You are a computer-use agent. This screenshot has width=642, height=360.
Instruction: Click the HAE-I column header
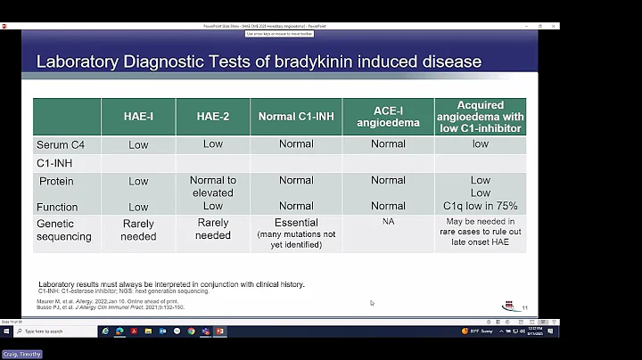(138, 117)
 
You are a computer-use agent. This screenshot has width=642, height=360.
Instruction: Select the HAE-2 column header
(212, 117)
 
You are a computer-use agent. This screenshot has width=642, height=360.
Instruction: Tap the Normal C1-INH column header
(296, 117)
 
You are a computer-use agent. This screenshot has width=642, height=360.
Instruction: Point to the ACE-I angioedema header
(388, 117)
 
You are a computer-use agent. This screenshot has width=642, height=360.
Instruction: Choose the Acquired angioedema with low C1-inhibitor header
(481, 117)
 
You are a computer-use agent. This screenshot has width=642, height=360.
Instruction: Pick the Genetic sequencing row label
(64, 231)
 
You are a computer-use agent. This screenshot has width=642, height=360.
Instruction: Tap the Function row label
(58, 207)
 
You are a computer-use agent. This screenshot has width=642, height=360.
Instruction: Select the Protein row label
(56, 181)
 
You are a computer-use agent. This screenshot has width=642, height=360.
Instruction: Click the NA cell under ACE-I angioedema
(388, 220)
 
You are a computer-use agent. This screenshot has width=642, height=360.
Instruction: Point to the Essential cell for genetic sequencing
(296, 224)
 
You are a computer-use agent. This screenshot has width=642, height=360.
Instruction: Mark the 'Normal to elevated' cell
(212, 186)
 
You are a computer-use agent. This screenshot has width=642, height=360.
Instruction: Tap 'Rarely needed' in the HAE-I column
(138, 230)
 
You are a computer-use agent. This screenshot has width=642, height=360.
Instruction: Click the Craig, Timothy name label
(21, 354)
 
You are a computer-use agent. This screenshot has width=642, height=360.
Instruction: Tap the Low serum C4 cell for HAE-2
(212, 143)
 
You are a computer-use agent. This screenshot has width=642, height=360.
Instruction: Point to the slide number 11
(524, 307)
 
